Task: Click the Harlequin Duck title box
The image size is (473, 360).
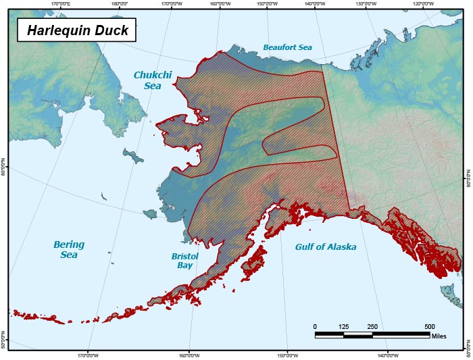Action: (x=77, y=30)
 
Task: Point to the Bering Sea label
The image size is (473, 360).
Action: (x=69, y=249)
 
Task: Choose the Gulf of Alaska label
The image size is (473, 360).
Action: (x=325, y=247)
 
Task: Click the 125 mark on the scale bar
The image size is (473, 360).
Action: (x=343, y=327)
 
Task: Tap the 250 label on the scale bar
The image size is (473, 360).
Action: (x=372, y=327)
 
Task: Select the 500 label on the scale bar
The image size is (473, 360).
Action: (x=429, y=327)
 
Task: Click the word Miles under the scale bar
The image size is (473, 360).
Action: (x=439, y=336)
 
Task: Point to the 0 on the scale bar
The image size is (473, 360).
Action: (x=315, y=327)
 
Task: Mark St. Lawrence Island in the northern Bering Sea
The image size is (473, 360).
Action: (x=134, y=157)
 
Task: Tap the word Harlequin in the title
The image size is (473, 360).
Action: (x=59, y=30)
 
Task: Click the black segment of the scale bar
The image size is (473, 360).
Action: (x=329, y=334)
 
